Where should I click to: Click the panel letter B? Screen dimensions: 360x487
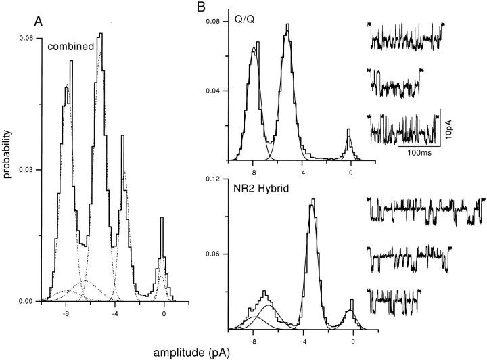pos(200,8)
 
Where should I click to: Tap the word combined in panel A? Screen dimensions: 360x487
pos(66,47)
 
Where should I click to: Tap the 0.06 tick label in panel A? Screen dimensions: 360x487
pos(26,39)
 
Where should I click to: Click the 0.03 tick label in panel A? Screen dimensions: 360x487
pos(26,170)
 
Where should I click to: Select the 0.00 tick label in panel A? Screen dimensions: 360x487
pos(26,301)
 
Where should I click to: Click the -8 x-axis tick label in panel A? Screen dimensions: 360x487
pos(65,314)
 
